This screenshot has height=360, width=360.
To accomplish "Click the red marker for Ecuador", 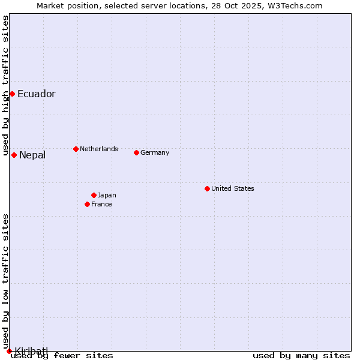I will pos(12,94).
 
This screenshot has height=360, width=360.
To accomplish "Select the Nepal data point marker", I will pos(14,155).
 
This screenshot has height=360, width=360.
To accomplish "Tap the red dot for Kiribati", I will pos(9,351).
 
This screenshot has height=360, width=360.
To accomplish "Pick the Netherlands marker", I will pos(76,149).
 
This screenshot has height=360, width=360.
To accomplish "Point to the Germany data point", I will pos(136,152).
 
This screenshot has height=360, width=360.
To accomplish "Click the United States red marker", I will pos(207,188).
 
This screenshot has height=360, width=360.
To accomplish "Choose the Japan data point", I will pos(94,195).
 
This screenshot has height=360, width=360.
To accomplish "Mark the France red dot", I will pos(88,204).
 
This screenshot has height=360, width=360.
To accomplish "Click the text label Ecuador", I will pos(37,94).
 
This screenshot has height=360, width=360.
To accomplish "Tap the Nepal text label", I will pos(32,155).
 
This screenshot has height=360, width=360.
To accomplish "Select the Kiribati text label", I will pos(31,351).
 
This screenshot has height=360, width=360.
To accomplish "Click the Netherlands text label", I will pos(99,149).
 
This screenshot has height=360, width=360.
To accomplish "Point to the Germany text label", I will pos(155,152).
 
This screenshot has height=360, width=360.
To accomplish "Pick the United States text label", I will pos(233,188).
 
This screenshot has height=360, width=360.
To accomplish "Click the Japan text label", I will pos(107,195).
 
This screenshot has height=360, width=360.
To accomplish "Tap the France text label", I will pos(101,204).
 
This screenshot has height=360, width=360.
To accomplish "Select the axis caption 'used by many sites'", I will pos(301,355).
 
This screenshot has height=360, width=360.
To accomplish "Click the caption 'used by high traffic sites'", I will pos(5,85).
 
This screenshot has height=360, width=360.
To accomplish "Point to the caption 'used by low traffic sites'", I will pos(5,264).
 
